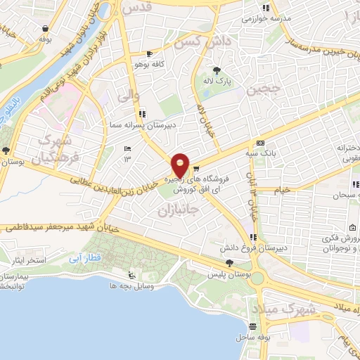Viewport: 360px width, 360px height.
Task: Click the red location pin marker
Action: tap(181, 165)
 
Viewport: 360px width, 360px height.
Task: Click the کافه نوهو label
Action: tap(148, 65)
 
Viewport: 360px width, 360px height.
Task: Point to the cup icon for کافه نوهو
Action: tap(148, 54)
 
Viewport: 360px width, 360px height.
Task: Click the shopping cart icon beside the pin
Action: tap(196, 168)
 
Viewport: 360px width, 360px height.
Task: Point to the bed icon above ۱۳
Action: tap(127, 148)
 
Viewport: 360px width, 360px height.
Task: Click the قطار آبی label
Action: tap(82, 259)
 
